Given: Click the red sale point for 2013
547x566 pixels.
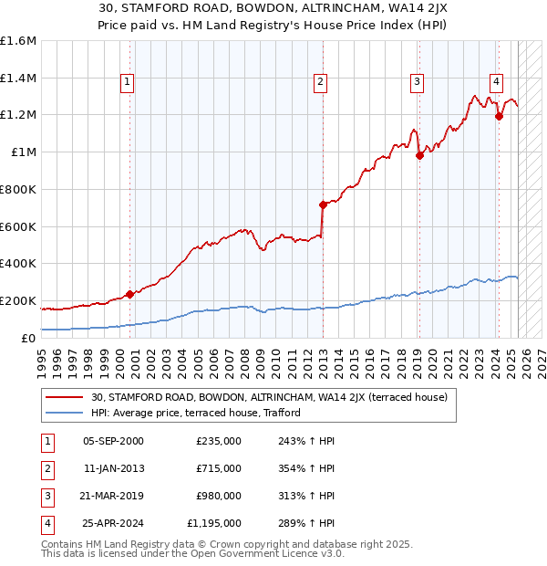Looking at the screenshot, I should point(323,204).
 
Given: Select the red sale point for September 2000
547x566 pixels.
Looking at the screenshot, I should point(129,294).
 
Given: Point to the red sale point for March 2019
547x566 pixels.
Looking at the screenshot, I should point(419,155).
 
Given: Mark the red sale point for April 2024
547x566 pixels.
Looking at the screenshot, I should point(499,116).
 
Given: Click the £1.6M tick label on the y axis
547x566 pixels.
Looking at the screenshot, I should point(18,41).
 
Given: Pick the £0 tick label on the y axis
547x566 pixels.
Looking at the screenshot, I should point(29,338).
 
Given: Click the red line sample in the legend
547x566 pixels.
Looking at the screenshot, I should point(66,398).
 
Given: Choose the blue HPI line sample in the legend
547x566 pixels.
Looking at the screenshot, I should point(66,413).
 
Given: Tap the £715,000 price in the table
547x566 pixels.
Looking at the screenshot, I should point(219,468).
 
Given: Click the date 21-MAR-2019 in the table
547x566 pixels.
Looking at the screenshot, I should point(113,496).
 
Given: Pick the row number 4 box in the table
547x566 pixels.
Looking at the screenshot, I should point(46,523).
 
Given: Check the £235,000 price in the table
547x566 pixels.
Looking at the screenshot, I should point(219,441).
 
